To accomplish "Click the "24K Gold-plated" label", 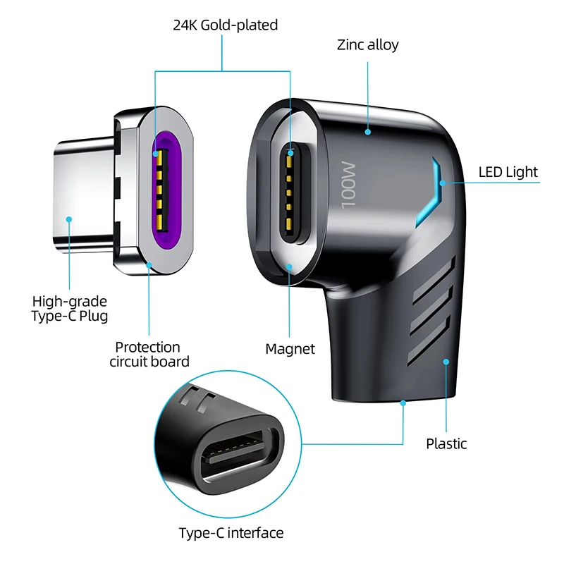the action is click(226, 25).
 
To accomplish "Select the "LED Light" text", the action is click(508, 172).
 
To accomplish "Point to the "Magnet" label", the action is click(290, 349).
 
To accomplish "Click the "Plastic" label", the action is click(446, 443).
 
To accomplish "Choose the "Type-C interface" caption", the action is click(231, 533).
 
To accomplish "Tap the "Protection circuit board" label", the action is click(148, 355).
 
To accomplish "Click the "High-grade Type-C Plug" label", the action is click(70, 308).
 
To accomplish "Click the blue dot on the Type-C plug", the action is click(69, 219).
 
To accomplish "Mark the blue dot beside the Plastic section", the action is click(446, 362).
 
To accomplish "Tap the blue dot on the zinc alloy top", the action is click(367, 130).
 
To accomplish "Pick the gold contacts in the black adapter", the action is click(290, 190).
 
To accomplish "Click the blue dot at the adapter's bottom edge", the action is click(403, 403).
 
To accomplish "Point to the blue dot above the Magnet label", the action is click(290, 266).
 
